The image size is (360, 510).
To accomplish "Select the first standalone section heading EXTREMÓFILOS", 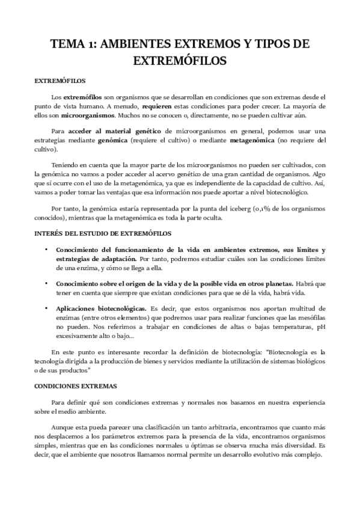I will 59,80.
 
